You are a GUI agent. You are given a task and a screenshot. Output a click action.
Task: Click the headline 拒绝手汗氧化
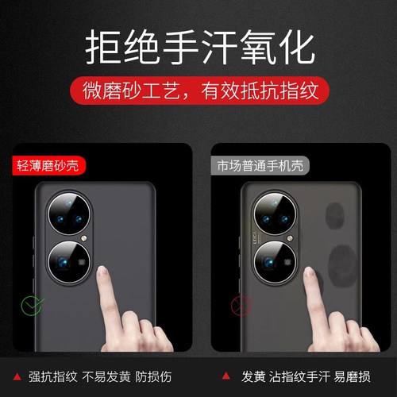[x=198, y=46]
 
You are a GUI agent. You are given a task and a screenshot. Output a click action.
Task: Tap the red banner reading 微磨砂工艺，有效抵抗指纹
[x=198, y=89]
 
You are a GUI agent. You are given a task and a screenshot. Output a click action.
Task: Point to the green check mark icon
[x=31, y=306]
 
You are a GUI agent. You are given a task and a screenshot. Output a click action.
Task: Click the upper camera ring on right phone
[x=279, y=213]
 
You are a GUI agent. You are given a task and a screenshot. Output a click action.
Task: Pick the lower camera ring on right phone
[x=279, y=261]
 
